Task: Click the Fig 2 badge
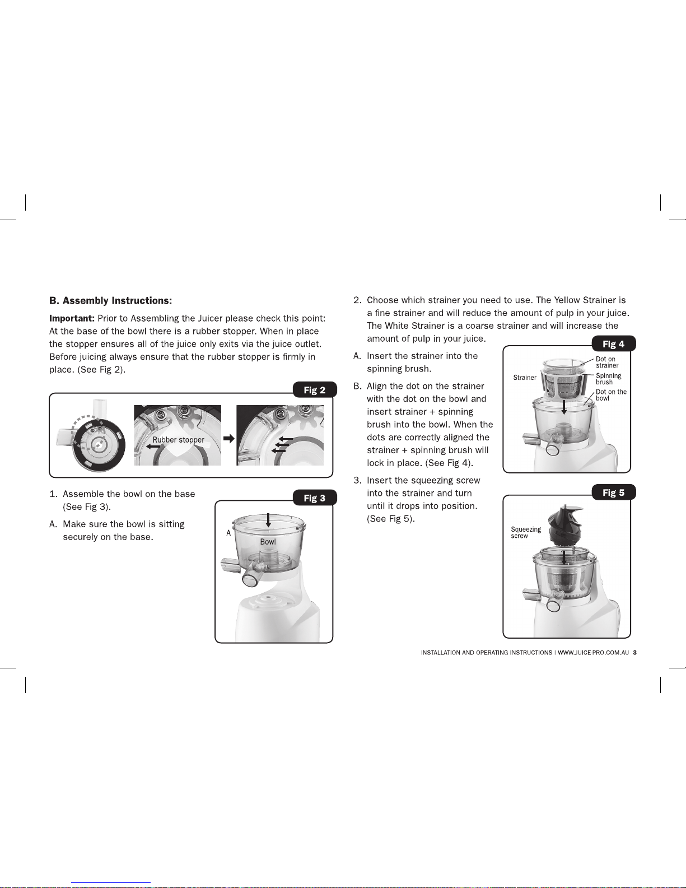tap(315, 390)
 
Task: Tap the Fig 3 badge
tap(315, 498)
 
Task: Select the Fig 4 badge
tap(614, 343)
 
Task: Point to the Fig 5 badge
tap(614, 492)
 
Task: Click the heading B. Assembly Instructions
tap(111, 301)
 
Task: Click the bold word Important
tap(72, 318)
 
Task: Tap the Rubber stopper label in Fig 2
tap(179, 440)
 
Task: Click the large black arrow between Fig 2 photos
tap(228, 439)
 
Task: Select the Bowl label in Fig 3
tap(268, 541)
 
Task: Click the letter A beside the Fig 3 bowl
tap(228, 533)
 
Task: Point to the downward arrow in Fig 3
tap(268, 520)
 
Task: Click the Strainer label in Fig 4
tap(525, 378)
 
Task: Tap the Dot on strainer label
tap(607, 362)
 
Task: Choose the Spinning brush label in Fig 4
tap(608, 379)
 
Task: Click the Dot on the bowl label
tap(611, 395)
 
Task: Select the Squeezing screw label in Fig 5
tap(526, 532)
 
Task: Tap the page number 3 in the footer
tap(634, 653)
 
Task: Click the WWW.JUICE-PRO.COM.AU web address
tap(593, 653)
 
